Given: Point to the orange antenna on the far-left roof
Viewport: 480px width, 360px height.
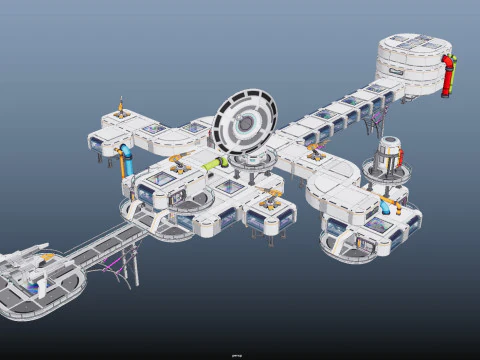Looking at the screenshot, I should click(x=122, y=106).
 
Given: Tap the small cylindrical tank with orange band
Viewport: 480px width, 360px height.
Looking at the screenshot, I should click(x=390, y=156).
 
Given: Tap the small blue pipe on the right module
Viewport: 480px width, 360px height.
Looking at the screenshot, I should click(x=387, y=206).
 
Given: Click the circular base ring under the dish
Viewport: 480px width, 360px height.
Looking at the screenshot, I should click(x=250, y=160).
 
